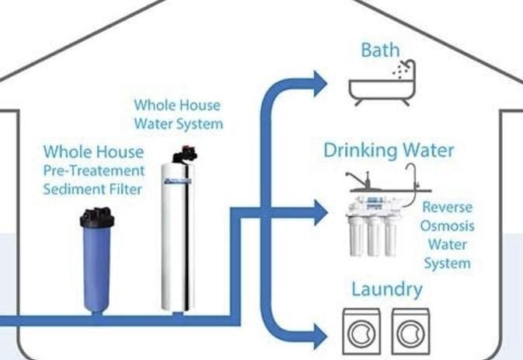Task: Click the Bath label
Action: pyautogui.click(x=380, y=51)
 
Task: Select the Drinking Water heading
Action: pyautogui.click(x=389, y=149)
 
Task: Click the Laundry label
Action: pyautogui.click(x=387, y=290)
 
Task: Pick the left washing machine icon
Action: pyautogui.click(x=361, y=333)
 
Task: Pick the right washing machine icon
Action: pyautogui.click(x=410, y=333)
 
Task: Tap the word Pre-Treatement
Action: pyautogui.click(x=94, y=170)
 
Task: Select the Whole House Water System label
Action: pyautogui.click(x=178, y=114)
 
